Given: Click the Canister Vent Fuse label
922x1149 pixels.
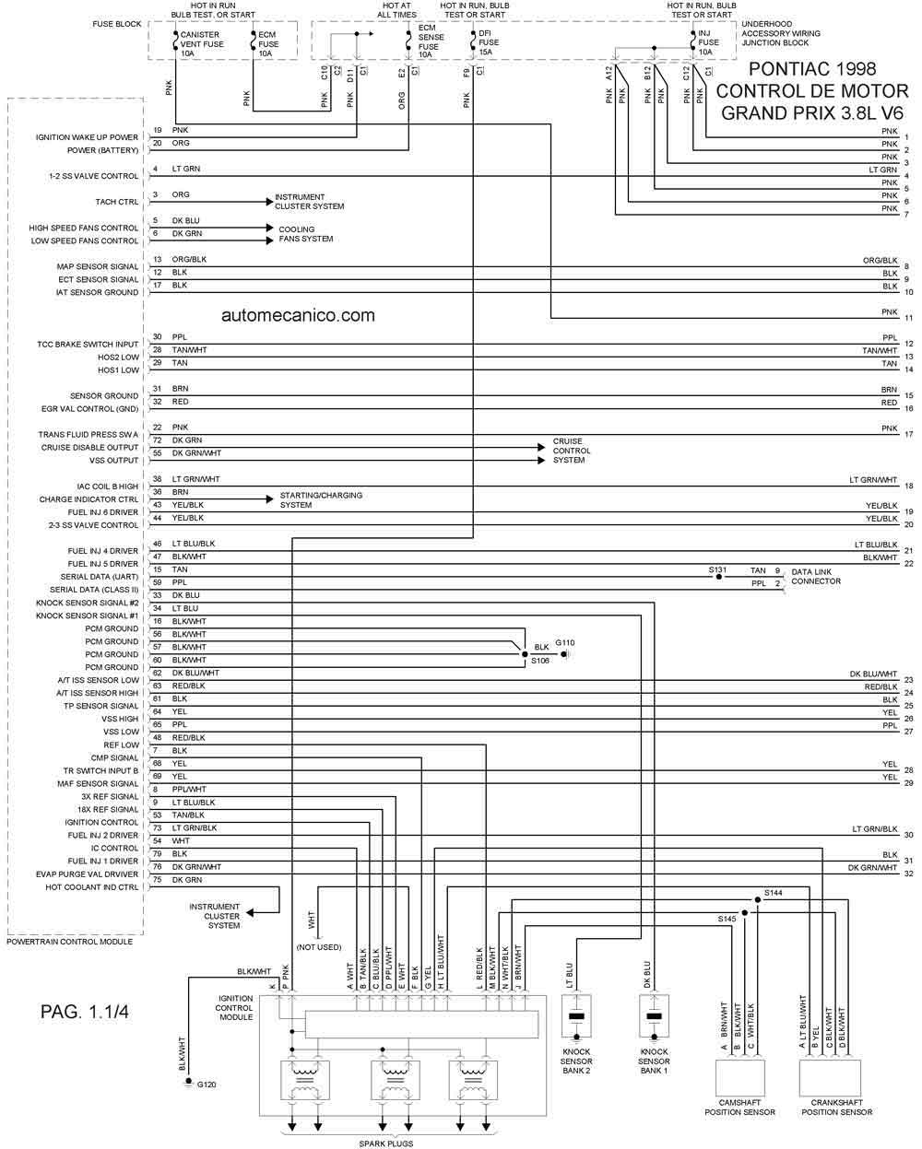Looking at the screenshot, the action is (x=202, y=44).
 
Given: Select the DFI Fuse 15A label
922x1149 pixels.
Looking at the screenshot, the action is (x=489, y=42).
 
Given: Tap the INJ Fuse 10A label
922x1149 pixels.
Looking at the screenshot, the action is (x=708, y=42).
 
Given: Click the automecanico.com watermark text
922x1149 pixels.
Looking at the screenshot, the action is (x=298, y=315).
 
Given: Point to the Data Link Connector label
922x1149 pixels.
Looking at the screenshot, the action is (x=816, y=576).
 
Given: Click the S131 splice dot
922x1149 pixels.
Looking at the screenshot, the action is (x=719, y=577).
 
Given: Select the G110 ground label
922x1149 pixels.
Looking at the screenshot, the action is (x=564, y=643).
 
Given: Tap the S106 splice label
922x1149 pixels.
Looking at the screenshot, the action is (x=540, y=661).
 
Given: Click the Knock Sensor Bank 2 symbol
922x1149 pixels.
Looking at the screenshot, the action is (x=576, y=1016).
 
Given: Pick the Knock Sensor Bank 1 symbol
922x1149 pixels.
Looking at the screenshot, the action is (x=655, y=1016).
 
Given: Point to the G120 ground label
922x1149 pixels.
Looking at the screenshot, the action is (x=207, y=1085).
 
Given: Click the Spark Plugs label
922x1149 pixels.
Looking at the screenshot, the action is (x=385, y=1143).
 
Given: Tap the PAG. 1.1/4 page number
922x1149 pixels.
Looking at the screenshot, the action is (x=85, y=1011).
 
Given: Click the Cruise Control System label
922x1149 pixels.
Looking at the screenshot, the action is (x=571, y=451).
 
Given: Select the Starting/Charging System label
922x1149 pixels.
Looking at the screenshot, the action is (x=321, y=499).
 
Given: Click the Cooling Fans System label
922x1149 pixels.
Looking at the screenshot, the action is (x=305, y=234).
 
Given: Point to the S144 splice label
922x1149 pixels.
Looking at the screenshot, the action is (x=773, y=892).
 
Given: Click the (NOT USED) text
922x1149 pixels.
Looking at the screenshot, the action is (x=319, y=946).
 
